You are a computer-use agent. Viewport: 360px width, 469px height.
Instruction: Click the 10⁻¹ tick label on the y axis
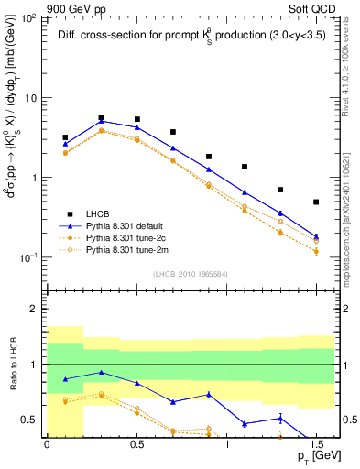point(27,257)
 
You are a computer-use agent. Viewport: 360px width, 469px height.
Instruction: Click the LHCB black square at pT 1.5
point(316,202)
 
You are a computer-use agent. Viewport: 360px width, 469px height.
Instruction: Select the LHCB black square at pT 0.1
point(65,137)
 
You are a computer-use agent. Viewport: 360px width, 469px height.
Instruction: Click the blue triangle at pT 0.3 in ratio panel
point(101,372)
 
